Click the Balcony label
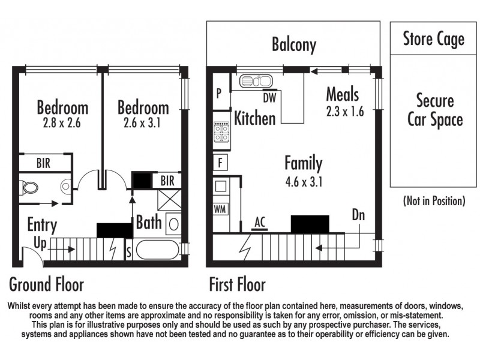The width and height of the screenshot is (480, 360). click(x=293, y=44)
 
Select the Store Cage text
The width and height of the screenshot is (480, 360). click(x=433, y=40)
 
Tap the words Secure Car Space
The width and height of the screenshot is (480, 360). click(x=435, y=110)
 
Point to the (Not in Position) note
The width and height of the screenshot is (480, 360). click(x=434, y=201)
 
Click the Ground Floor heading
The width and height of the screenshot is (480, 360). click(x=46, y=283)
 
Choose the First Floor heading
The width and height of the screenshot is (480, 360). click(x=237, y=283)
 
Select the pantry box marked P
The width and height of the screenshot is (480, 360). click(x=219, y=94)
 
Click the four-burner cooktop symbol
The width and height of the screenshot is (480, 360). click(x=221, y=133)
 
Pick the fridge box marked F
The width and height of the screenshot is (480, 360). click(x=220, y=162)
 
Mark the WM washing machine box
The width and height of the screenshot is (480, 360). click(x=220, y=209)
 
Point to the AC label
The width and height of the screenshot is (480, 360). click(x=260, y=221)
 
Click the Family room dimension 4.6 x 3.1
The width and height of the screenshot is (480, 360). click(x=303, y=181)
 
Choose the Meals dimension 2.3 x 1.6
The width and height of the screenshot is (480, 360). click(x=345, y=112)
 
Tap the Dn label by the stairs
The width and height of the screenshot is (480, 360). click(x=358, y=215)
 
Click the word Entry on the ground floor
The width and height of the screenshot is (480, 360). click(x=42, y=226)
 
